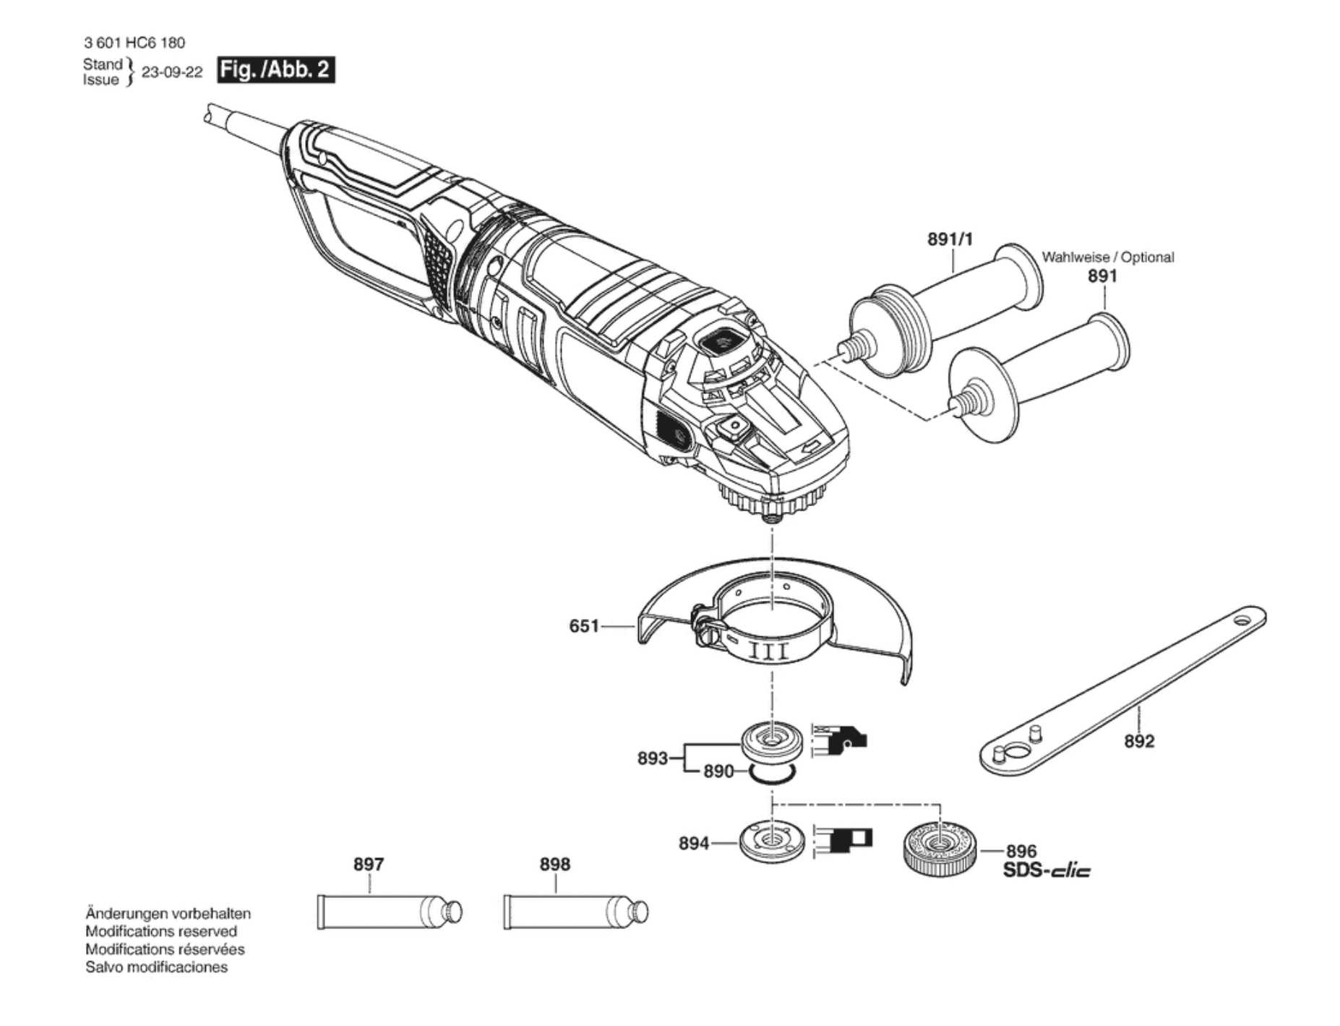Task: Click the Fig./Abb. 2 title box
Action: point(276,70)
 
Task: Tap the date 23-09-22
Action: point(172,72)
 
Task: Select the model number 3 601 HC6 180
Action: point(134,43)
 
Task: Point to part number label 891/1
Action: point(950,239)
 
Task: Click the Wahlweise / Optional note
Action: point(1107,257)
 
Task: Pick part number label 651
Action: point(584,626)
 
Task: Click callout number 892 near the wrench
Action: point(1139,741)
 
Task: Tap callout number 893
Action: point(652,758)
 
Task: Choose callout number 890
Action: point(718,771)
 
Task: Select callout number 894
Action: point(694,844)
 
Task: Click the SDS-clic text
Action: point(1047,871)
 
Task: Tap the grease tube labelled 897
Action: point(389,912)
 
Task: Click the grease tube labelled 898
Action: point(575,912)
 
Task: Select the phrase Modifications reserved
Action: point(161,931)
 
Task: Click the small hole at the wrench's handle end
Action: point(1241,620)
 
